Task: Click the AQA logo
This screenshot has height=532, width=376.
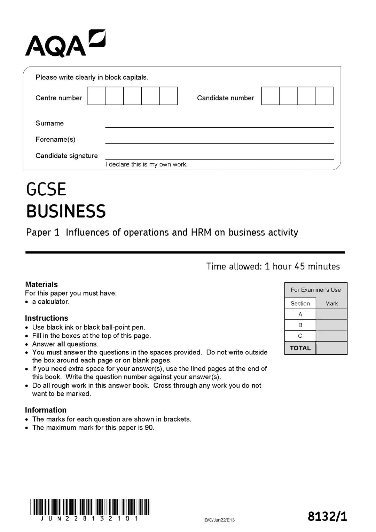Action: (x=65, y=44)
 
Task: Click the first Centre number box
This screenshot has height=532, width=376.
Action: (x=97, y=96)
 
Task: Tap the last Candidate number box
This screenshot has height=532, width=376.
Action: (x=324, y=96)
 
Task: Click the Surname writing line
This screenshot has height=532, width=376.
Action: (x=219, y=125)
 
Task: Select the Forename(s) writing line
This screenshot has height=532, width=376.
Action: (x=219, y=141)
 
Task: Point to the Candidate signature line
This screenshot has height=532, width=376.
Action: (x=219, y=157)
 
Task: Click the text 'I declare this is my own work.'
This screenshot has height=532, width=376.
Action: (x=146, y=164)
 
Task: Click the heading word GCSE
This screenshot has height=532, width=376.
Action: (x=46, y=189)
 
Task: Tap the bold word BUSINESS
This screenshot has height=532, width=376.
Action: (x=66, y=211)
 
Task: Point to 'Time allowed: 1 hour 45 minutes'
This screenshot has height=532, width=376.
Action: (x=273, y=266)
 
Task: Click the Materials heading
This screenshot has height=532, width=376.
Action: (x=41, y=284)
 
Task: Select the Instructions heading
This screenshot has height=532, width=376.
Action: (x=46, y=318)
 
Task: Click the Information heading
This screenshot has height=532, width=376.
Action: (x=46, y=410)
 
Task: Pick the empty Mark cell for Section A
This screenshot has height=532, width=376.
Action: (x=331, y=314)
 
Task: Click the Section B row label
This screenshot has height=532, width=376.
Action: (x=300, y=325)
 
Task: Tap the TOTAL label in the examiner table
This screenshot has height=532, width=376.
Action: (x=300, y=348)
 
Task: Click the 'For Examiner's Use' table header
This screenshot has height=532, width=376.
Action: (x=316, y=290)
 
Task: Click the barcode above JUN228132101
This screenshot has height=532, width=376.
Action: (x=90, y=507)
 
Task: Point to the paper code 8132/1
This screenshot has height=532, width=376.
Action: (x=327, y=516)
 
